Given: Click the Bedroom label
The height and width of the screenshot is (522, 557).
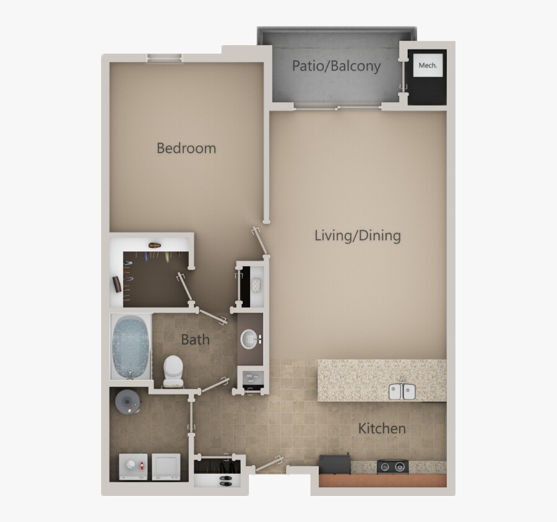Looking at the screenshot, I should point(186,148).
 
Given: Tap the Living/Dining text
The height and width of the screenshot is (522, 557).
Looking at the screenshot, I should point(358,235).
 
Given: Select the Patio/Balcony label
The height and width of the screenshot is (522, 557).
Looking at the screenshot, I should point(336,66).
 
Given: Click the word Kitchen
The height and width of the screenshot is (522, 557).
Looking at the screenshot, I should point(382,428).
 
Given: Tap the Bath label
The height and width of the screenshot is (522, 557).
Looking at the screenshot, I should point(195,339).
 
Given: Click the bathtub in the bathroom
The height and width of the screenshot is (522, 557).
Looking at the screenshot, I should point(132,346).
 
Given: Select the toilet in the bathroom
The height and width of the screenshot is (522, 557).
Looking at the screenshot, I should point(173,370).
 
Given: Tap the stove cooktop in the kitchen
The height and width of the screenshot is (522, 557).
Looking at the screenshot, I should point(392,466).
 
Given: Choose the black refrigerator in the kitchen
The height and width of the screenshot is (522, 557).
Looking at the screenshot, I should point(334,464).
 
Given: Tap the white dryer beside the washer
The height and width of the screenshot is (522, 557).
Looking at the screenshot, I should point(166,467).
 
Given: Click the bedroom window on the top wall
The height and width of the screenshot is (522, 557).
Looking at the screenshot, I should point(165,59).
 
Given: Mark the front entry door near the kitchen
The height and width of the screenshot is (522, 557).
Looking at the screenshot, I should point(269,463).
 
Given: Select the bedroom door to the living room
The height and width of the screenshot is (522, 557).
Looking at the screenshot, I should point(260,241).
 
